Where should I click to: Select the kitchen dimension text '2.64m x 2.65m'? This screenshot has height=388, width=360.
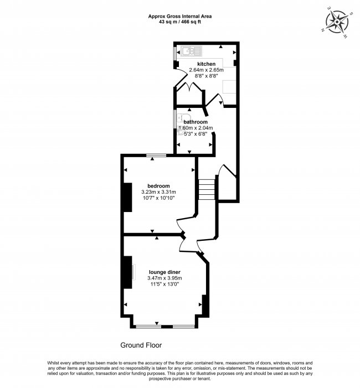pyautogui.click(x=206, y=70)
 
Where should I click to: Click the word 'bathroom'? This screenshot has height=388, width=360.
pyautogui.click(x=196, y=122)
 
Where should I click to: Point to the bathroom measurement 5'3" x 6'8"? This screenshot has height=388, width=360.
pyautogui.click(x=195, y=134)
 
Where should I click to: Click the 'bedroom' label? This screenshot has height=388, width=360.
pyautogui.click(x=158, y=185)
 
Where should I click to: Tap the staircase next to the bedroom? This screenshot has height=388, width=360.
pyautogui.click(x=207, y=190)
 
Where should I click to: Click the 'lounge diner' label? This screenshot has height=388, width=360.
pyautogui.click(x=165, y=272)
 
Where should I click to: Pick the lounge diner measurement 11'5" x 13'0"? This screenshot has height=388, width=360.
pyautogui.click(x=165, y=284)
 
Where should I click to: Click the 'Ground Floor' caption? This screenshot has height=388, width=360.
pyautogui.click(x=141, y=345)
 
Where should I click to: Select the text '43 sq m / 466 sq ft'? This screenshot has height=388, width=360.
pyautogui.click(x=179, y=22)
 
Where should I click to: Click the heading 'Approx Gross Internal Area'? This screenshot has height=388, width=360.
pyautogui.click(x=179, y=16)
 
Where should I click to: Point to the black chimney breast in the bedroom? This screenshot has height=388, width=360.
pyautogui.click(x=127, y=197)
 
